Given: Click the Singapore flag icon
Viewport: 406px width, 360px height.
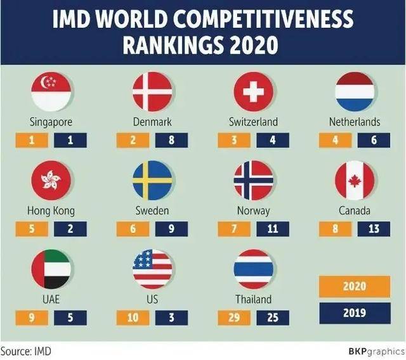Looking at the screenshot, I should pyautogui.click(x=51, y=92).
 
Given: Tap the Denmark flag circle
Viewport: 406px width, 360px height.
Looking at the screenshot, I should pyautogui.click(x=152, y=92).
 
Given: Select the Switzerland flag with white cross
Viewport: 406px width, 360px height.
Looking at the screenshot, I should pyautogui.click(x=253, y=92).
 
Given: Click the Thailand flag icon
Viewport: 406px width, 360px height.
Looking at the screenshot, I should pyautogui.click(x=253, y=269).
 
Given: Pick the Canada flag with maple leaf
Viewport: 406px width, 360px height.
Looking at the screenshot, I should pyautogui.click(x=355, y=181).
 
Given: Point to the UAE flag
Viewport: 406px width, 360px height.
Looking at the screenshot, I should pyautogui.click(x=51, y=269).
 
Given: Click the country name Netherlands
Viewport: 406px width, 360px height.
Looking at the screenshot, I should pyautogui.click(x=355, y=122).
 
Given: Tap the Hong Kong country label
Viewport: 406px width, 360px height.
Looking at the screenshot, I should pyautogui.click(x=51, y=210).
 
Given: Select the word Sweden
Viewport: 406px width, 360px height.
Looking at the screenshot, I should pyautogui.click(x=152, y=210).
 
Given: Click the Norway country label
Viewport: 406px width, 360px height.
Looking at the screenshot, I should pyautogui.click(x=253, y=210).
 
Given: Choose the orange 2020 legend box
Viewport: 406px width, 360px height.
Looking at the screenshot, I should pyautogui.click(x=355, y=286).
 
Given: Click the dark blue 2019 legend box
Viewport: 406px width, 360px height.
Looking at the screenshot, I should pyautogui.click(x=355, y=312).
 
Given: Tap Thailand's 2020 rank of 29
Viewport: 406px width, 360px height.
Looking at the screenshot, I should pyautogui.click(x=234, y=317).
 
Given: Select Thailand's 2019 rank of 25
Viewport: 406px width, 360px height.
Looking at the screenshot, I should pyautogui.click(x=273, y=317).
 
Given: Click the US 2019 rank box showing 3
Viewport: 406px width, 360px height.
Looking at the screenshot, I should pyautogui.click(x=171, y=317).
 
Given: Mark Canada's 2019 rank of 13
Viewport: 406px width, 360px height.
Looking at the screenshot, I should pyautogui.click(x=374, y=228).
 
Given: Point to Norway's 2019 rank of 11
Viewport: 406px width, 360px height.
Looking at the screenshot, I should pyautogui.click(x=273, y=228).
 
